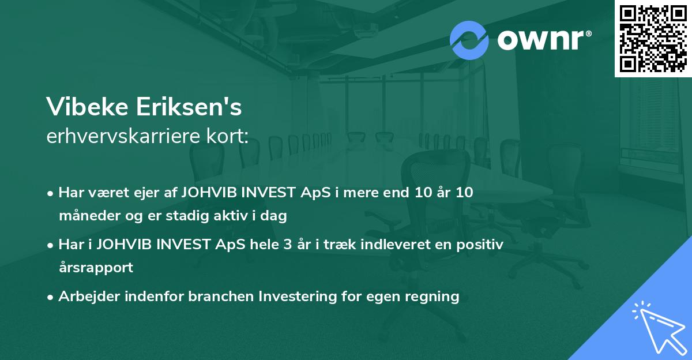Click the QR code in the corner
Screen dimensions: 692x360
653,39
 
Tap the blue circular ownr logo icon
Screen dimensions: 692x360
469,40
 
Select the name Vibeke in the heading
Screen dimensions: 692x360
87,107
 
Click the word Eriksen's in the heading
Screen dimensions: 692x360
189,107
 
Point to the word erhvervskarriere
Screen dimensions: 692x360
123,136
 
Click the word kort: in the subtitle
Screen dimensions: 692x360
227,136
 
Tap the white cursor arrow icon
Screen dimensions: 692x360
659,328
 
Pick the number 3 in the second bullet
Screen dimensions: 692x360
288,245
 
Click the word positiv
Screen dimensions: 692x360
480,245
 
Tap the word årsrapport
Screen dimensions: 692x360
96,268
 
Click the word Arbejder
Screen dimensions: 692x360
89,297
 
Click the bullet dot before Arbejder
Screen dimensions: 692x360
50,298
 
